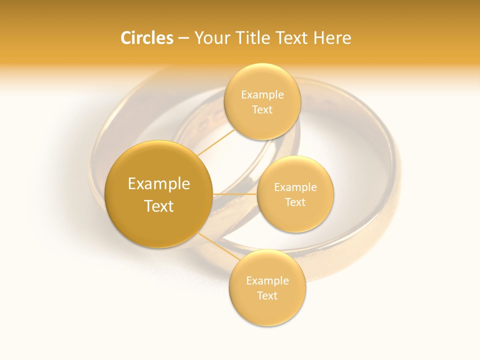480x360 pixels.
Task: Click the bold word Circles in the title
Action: coord(146,38)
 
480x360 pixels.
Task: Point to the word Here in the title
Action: coord(332,38)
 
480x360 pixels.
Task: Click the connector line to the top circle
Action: coord(215,142)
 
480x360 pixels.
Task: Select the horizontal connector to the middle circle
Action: coord(234,193)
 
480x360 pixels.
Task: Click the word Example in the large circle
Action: coord(159,184)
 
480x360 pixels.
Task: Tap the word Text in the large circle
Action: coord(159,206)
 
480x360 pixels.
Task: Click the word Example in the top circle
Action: coord(262,94)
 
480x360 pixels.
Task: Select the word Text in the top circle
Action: coord(262,109)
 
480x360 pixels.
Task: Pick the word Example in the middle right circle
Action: coord(295,187)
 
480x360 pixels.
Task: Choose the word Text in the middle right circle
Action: coord(295,202)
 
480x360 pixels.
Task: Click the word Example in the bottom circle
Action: coord(267,280)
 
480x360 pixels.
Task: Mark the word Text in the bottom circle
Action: coord(267,295)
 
